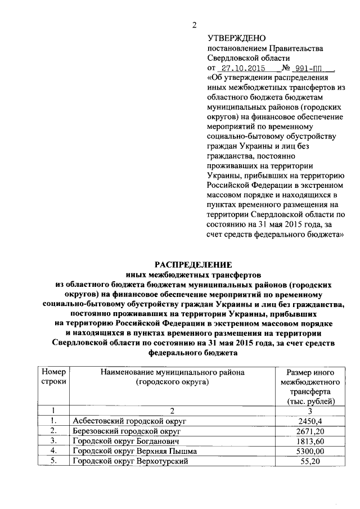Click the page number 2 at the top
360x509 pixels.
195,24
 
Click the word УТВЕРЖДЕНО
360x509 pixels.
236,38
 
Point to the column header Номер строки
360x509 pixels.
53,377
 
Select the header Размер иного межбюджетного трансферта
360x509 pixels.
310,386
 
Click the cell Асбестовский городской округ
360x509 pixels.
129,421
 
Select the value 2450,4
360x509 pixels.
311,421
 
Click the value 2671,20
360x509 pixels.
311,431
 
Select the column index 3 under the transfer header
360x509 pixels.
311,411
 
